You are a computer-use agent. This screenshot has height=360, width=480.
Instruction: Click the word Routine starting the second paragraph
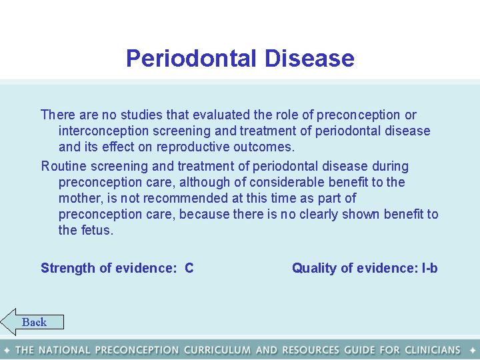64,166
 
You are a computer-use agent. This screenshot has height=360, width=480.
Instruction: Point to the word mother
79,198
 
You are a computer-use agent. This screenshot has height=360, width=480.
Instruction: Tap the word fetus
97,230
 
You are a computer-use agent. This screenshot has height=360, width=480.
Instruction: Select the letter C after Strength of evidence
189,268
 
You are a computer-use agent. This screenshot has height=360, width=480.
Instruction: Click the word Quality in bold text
314,268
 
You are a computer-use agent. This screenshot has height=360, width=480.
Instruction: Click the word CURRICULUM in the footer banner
217,350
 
